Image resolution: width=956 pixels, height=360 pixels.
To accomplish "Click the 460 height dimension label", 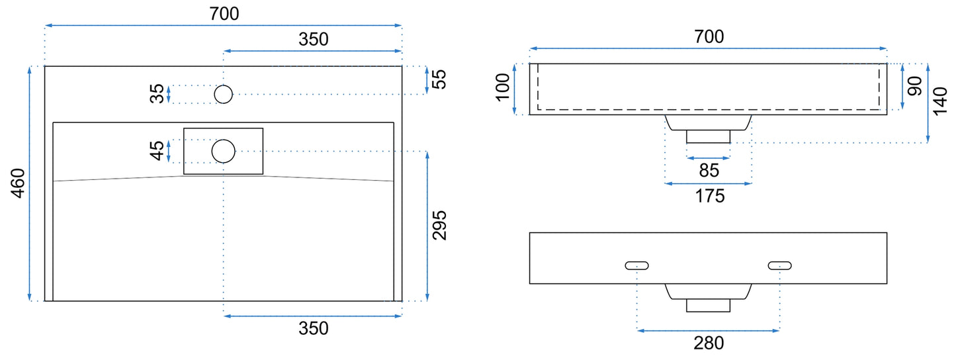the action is [x=18, y=183].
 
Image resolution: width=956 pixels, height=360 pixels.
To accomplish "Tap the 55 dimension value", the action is [x=439, y=79].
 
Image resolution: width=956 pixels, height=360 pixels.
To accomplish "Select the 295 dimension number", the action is [x=439, y=226].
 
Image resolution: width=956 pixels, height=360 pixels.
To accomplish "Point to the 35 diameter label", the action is [x=157, y=94].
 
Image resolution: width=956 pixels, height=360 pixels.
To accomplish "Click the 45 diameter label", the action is [x=157, y=151].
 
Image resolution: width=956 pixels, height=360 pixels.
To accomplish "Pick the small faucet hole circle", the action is [x=223, y=95].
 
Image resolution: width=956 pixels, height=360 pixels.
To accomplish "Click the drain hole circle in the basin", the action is [x=223, y=151].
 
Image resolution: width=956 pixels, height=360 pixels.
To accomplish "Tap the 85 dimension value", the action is [x=709, y=171].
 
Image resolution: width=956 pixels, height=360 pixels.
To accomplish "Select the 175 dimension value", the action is [x=710, y=197].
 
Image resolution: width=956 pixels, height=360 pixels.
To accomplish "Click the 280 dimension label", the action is [x=709, y=343].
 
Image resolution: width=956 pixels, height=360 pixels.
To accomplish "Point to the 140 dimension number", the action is [x=940, y=101].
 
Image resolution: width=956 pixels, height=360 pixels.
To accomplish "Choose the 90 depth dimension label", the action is [x=914, y=86].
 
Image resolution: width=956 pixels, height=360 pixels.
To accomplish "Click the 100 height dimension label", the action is [x=503, y=87].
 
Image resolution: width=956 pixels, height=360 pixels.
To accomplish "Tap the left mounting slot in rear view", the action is [x=636, y=265].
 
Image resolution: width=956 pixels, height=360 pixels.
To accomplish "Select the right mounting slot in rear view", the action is [x=780, y=265].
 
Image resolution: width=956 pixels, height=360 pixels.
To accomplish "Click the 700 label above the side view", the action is [x=709, y=36].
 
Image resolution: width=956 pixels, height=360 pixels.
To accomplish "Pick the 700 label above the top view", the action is [x=224, y=14].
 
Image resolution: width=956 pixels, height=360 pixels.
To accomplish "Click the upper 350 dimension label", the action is [x=314, y=39].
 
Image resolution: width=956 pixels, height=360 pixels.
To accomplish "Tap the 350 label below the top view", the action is [x=314, y=328].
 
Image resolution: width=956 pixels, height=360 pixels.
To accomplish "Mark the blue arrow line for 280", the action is [x=709, y=330].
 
